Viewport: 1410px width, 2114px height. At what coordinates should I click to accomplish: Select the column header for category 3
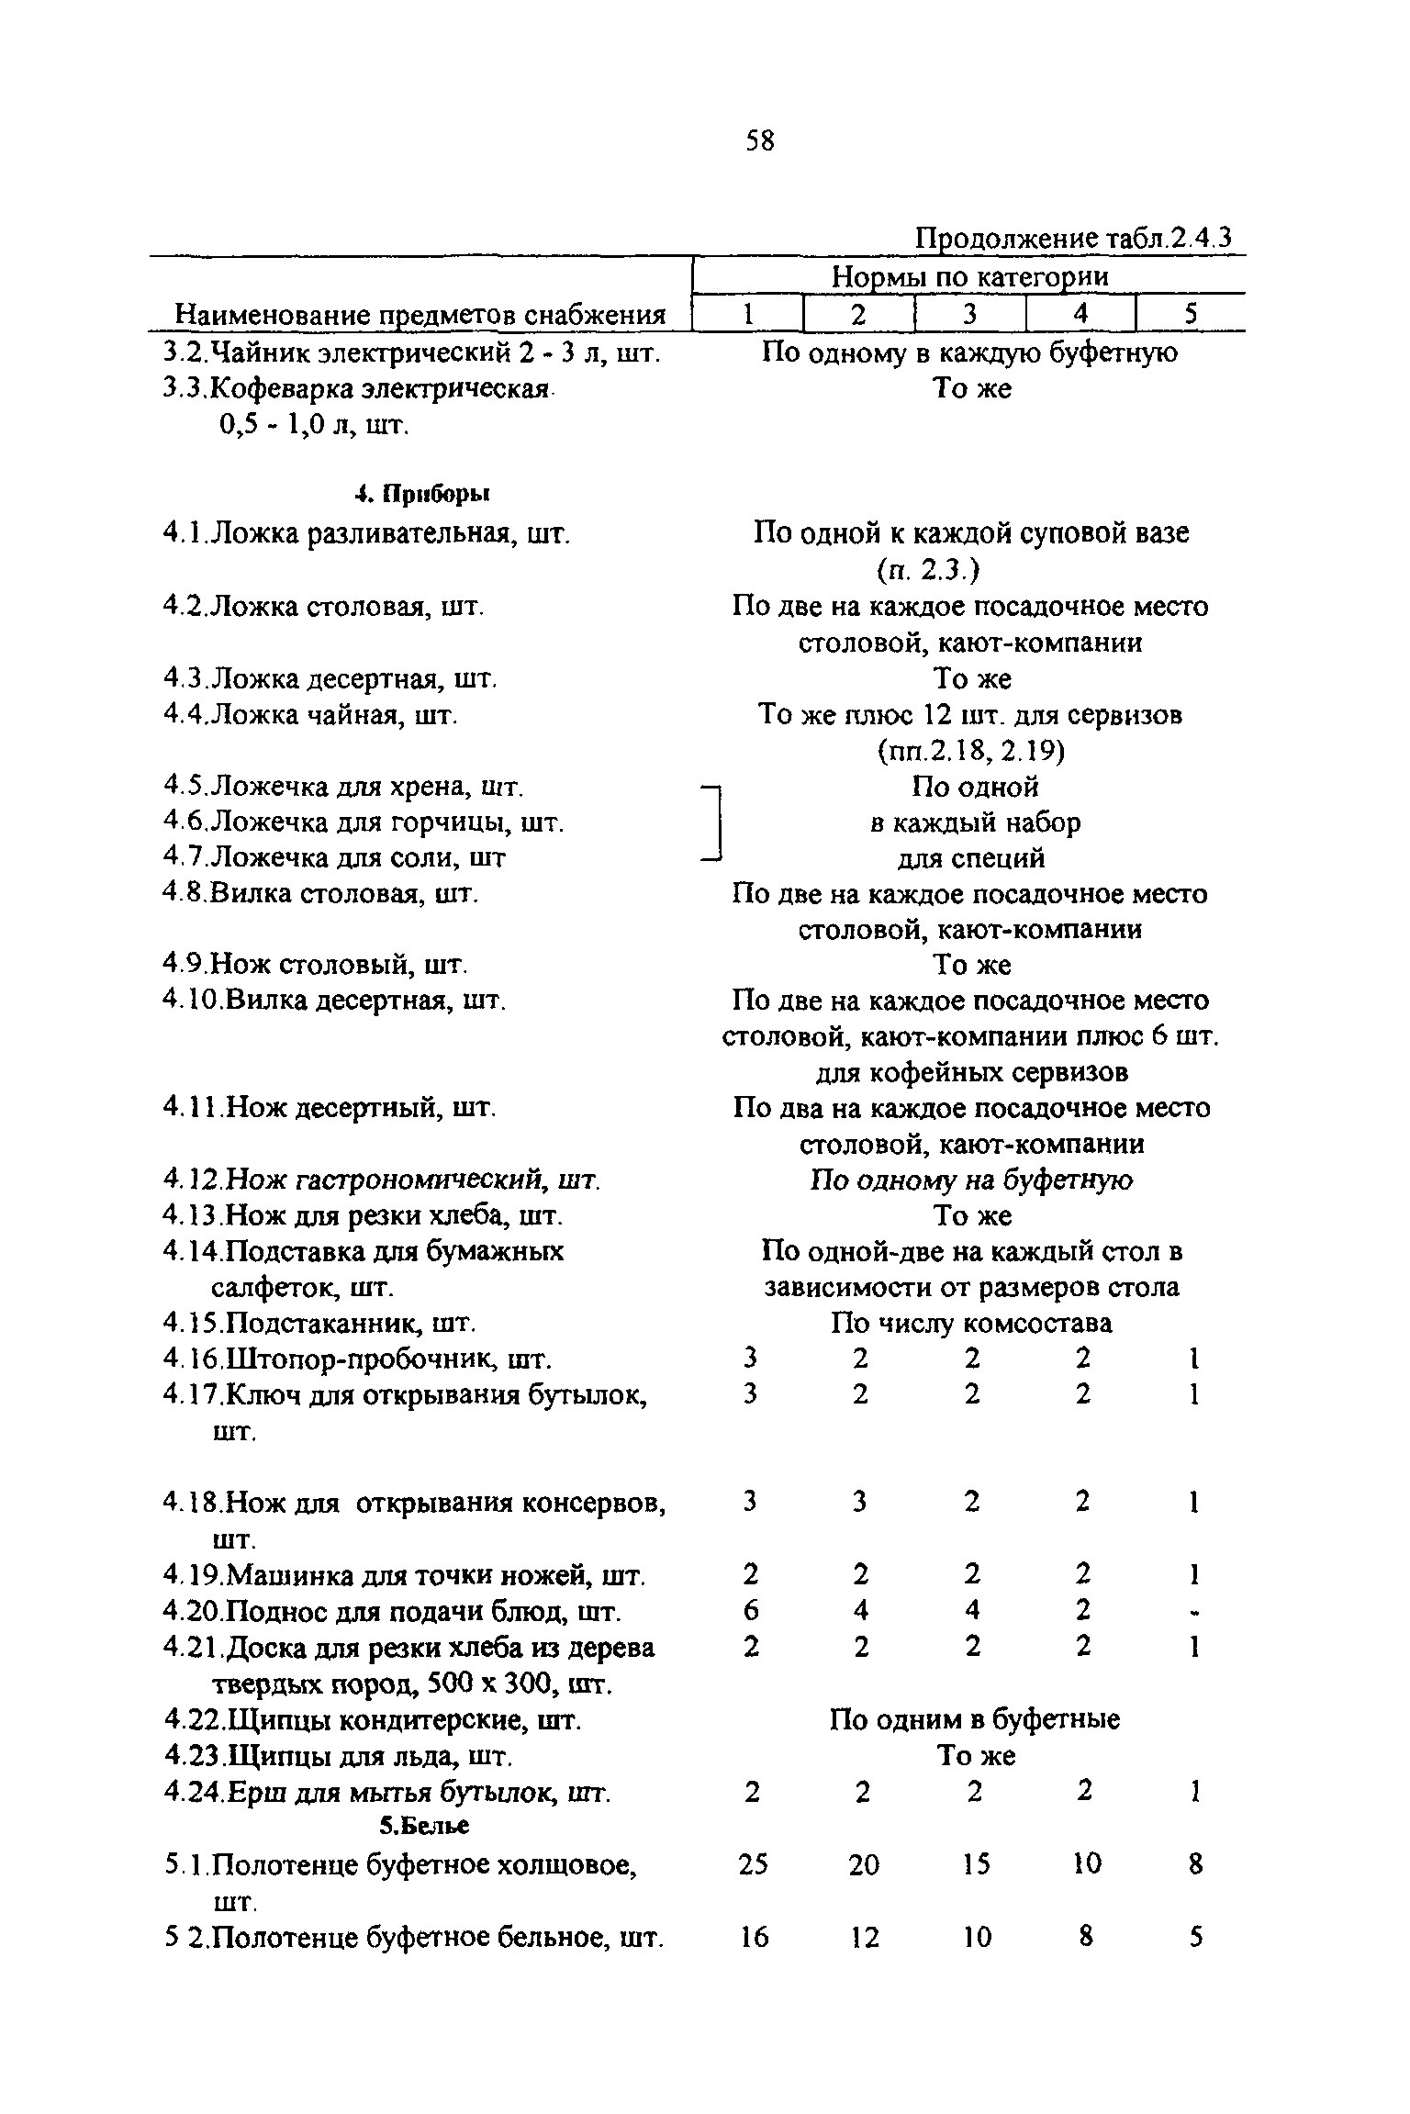click(x=969, y=314)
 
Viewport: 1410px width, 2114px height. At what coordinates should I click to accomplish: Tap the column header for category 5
click(x=1191, y=314)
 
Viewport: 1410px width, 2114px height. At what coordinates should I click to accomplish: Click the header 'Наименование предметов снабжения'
click(x=420, y=315)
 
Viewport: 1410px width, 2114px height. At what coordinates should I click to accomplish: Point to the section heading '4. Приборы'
click(x=422, y=495)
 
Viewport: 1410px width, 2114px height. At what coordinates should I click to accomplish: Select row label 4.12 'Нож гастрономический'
click(x=382, y=1180)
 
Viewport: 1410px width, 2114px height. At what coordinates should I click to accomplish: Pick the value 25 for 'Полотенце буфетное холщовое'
click(x=752, y=1864)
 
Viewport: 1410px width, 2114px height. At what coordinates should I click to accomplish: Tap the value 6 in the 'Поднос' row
click(x=751, y=1611)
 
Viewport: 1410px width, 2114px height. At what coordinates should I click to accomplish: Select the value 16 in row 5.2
click(x=752, y=1938)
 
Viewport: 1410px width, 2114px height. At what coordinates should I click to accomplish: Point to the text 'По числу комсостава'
click(x=971, y=1323)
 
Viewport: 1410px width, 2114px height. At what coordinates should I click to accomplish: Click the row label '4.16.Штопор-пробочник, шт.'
click(x=358, y=1359)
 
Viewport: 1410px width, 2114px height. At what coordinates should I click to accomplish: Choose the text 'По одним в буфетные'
click(x=974, y=1719)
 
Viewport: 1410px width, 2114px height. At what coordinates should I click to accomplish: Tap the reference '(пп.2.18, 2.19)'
click(x=970, y=751)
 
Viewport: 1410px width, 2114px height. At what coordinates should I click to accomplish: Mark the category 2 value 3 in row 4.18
click(x=860, y=1502)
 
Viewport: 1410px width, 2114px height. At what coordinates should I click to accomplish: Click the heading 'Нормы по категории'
click(x=969, y=276)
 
